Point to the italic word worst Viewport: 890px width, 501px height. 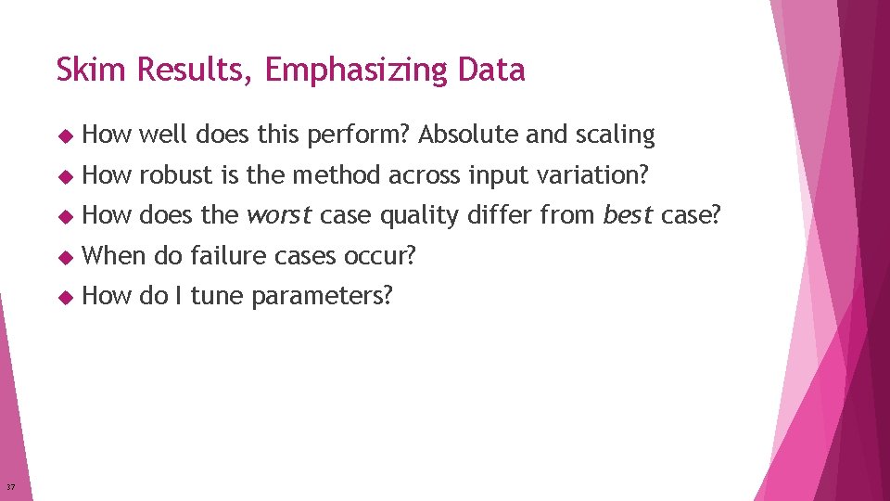click(279, 215)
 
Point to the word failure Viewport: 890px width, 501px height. click(224, 256)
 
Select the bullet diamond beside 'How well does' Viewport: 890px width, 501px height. click(64, 135)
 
